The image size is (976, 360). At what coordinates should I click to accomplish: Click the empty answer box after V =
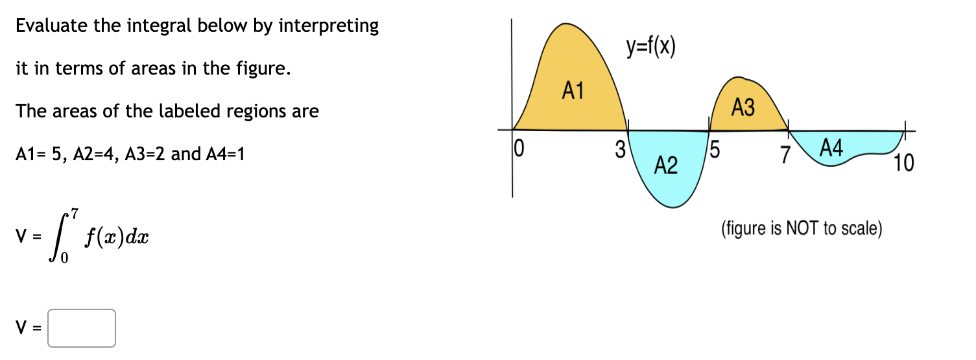[82, 328]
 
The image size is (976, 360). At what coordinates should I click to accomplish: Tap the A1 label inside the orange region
[573, 91]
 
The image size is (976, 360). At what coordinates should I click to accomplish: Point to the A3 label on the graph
[743, 108]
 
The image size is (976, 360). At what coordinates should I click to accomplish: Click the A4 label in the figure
[831, 149]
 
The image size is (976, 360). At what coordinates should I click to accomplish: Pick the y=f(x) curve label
[650, 47]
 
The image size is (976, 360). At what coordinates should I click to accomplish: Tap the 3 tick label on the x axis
[619, 150]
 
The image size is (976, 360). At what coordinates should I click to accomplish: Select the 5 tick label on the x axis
[715, 150]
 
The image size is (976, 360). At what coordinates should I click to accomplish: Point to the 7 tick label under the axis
[786, 154]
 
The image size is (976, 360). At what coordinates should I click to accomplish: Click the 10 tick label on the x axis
[903, 163]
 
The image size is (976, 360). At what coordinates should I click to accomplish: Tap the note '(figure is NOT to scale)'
[801, 229]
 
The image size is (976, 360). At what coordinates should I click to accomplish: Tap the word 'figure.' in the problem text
[264, 69]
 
